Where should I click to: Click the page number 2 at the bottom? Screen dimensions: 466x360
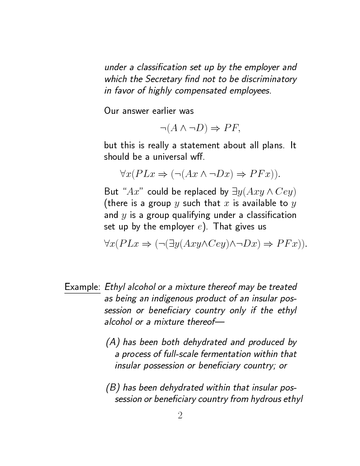click(180, 416)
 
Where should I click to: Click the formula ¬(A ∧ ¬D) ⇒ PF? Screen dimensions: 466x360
click(200, 128)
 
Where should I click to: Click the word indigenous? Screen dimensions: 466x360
click(171, 299)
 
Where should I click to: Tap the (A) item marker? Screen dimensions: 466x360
click(113, 342)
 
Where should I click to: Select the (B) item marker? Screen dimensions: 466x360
click(113, 388)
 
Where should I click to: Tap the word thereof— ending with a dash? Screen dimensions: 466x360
click(204, 322)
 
